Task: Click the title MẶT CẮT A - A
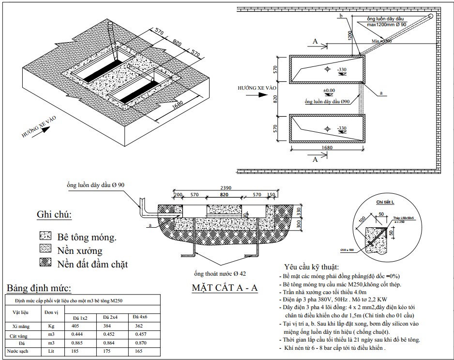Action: (225, 288)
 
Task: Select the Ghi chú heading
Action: (55, 215)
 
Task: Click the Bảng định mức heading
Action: (37, 289)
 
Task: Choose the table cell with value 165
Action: (138, 350)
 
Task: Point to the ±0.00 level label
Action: (329, 91)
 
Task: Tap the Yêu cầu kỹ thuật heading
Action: (312, 266)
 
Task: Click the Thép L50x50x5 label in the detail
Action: (401, 219)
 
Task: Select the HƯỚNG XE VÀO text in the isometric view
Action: (38, 127)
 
